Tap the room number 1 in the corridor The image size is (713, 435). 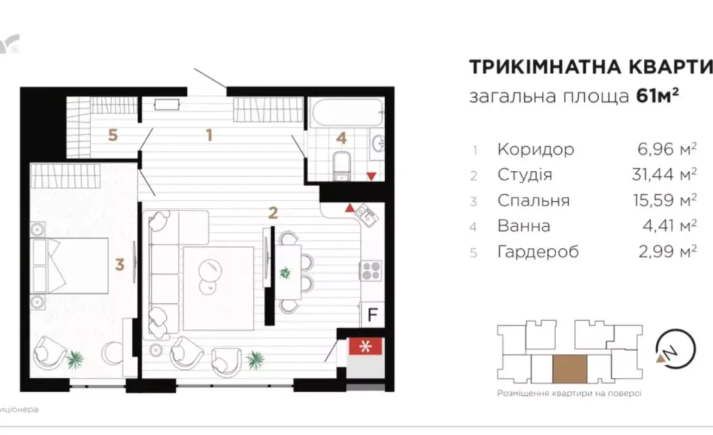click(x=209, y=134)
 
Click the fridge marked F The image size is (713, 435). click(x=372, y=312)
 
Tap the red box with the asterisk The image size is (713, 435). click(x=366, y=347)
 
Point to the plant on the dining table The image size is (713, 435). click(x=286, y=271)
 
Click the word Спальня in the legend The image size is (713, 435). click(x=534, y=201)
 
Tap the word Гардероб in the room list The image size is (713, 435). click(x=538, y=252)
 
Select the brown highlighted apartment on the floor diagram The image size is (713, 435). click(x=570, y=369)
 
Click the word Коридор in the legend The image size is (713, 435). click(x=535, y=150)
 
